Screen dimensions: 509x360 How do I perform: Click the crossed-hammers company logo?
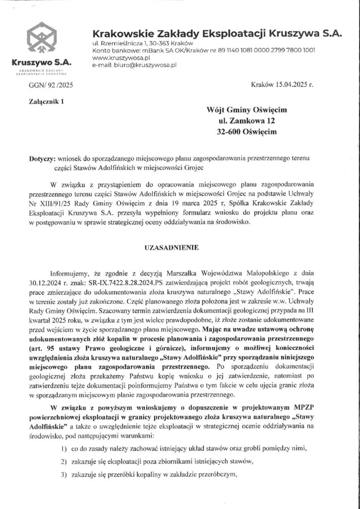(42, 41)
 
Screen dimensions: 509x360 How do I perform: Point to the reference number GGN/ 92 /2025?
(51, 85)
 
